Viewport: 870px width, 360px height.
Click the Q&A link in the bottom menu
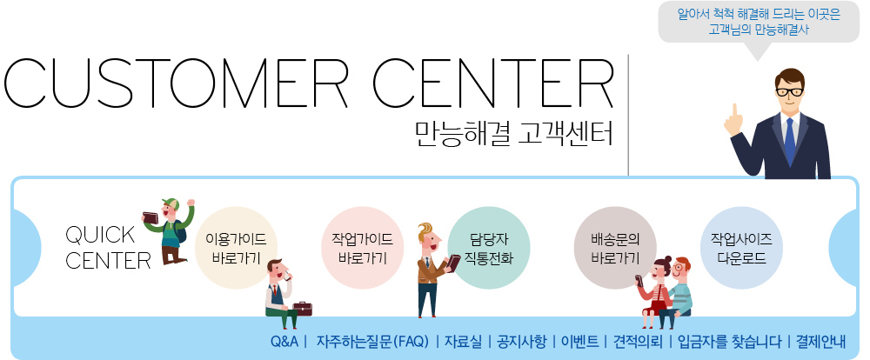point(284,341)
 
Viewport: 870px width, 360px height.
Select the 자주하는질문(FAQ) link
point(372,341)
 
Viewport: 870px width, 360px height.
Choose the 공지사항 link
point(521,341)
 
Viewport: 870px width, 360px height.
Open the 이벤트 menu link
point(579,341)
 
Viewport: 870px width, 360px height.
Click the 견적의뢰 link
point(638,341)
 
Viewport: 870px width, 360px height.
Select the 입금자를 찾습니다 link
point(730,341)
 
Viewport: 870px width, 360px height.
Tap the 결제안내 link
point(820,341)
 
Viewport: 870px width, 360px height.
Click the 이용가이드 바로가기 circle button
point(236,248)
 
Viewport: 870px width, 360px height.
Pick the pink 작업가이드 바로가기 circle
point(362,248)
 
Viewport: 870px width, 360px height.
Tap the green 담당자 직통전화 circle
point(489,248)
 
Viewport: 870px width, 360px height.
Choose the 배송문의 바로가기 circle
point(615,248)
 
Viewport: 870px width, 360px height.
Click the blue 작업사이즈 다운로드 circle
point(742,248)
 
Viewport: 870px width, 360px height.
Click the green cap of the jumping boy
point(170,203)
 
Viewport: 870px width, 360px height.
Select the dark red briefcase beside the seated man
point(303,309)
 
